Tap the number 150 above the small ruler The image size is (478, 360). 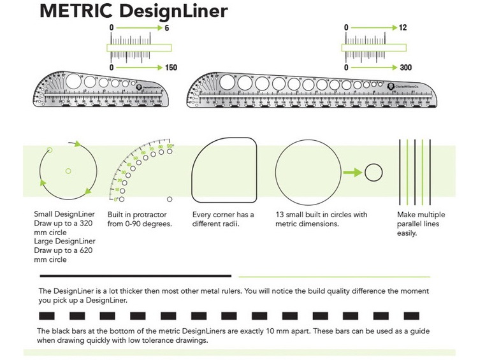click(x=170, y=68)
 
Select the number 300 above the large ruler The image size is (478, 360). click(x=405, y=68)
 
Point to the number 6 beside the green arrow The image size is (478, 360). click(x=166, y=28)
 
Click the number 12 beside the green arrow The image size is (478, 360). click(x=403, y=28)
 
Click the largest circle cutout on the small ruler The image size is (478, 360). click(x=73, y=81)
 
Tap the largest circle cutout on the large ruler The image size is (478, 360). click(x=226, y=82)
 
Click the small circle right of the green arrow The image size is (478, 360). click(x=373, y=172)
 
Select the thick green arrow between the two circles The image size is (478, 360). click(x=351, y=172)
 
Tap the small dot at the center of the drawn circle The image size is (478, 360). click(x=68, y=170)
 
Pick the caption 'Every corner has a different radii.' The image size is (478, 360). click(x=223, y=219)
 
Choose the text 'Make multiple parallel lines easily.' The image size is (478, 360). click(x=421, y=224)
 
